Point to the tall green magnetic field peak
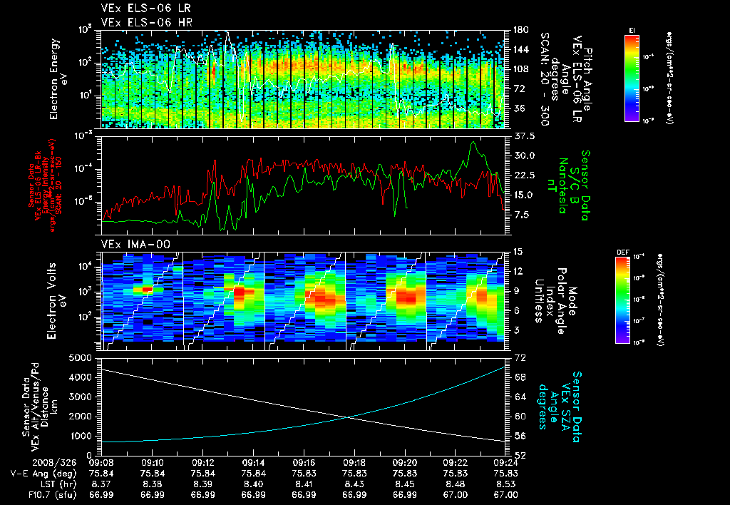(x=473, y=143)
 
